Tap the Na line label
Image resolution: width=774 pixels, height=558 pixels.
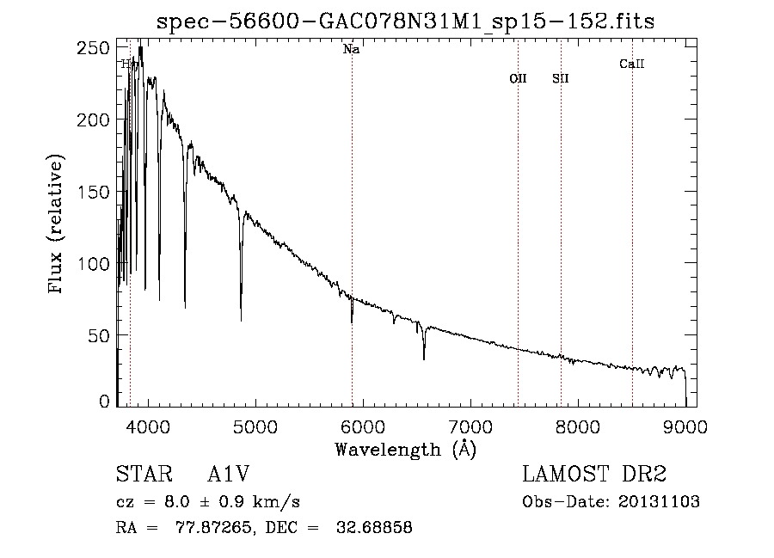[351, 50]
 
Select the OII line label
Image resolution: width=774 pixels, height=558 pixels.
[518, 78]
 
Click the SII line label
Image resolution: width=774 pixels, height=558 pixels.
[561, 78]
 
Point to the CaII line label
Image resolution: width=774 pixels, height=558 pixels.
[632, 64]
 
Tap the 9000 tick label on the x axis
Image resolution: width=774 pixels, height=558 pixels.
[685, 426]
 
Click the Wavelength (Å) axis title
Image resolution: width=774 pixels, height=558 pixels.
[405, 449]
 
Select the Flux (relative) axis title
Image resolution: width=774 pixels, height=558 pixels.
[58, 225]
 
